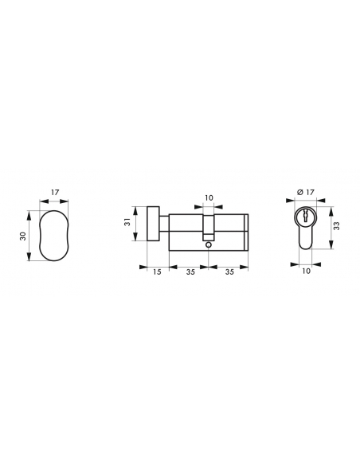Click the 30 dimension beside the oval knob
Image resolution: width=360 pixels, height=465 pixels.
coord(23,236)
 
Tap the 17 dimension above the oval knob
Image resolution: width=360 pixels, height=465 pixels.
coord(55,192)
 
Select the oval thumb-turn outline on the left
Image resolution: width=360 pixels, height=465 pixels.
coord(40,236)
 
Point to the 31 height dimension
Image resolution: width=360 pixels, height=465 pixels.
coord(127,222)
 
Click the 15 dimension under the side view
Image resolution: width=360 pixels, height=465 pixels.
coord(157,272)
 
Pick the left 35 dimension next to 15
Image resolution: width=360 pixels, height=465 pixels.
coord(190,272)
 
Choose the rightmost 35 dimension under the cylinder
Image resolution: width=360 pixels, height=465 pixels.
coord(229,272)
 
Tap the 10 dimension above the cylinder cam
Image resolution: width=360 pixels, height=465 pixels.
coord(209,197)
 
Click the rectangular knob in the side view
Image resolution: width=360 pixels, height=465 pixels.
coord(153,224)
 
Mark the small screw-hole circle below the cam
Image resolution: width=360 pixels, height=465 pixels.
coord(208,245)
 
